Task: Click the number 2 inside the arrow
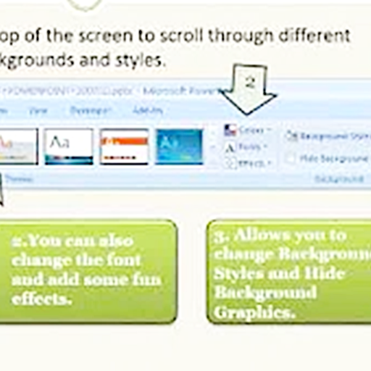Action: (249, 83)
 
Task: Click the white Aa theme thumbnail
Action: (68, 146)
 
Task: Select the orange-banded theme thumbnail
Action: (124, 146)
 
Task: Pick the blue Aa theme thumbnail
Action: (179, 146)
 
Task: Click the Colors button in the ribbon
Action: (248, 131)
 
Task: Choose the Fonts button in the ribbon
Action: (248, 147)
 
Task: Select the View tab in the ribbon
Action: (38, 110)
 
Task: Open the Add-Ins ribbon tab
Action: (148, 110)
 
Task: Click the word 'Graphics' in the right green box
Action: (251, 313)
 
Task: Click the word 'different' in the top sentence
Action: (314, 36)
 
